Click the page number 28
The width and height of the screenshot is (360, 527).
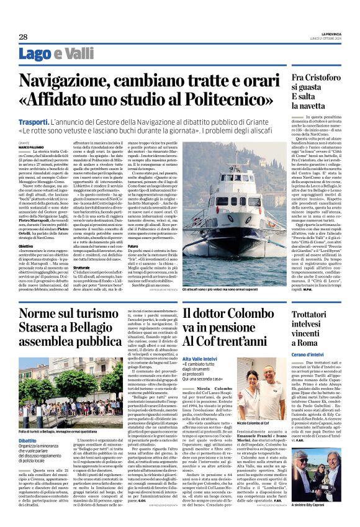click(23, 37)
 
